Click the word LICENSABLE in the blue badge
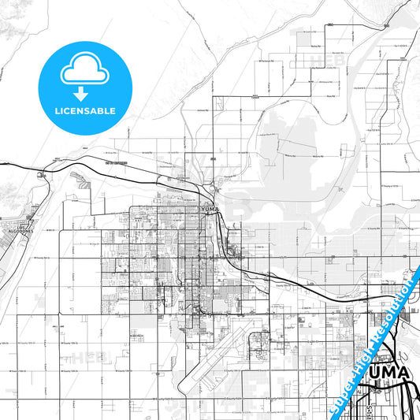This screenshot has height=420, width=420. click(85, 111)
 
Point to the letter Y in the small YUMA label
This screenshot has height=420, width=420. click(203, 210)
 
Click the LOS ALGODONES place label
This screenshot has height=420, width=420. click(15, 232)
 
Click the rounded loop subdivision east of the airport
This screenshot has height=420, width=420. click(258, 340)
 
